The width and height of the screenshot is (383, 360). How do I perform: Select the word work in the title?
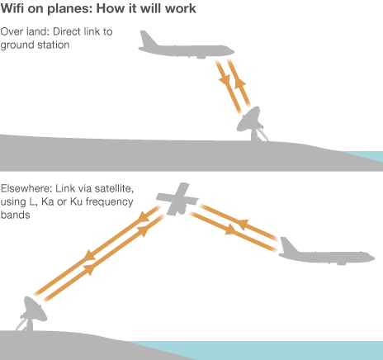coord(181,8)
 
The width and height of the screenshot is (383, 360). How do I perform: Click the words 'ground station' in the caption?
coord(35,45)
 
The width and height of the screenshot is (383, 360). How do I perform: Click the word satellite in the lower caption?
coord(114,189)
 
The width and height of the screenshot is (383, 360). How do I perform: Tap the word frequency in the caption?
coord(109,202)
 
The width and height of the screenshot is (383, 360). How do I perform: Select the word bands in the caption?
coord(15,215)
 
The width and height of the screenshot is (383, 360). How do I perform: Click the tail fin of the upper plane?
coord(148,39)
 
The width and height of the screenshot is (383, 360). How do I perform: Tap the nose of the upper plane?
coord(230,51)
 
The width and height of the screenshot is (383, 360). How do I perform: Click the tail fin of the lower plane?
coord(288,245)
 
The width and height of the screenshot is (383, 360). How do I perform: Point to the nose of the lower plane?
coord(371,258)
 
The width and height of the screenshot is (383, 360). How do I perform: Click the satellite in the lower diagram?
coord(177,199)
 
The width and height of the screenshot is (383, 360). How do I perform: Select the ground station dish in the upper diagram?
coord(251,123)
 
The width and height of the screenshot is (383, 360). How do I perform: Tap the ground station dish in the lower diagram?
coord(31,313)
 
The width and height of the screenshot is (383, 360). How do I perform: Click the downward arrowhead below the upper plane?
coord(225,79)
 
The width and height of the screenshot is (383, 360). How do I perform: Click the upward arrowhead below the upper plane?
coord(240,83)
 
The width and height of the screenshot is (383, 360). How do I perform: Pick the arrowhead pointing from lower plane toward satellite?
coord(243,224)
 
